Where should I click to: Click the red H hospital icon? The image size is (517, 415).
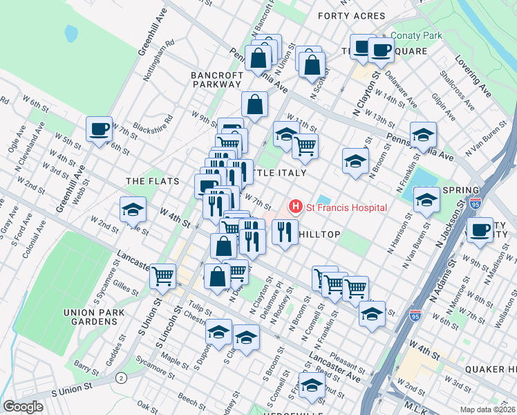pos(296,207)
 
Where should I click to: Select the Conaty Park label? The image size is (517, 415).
pos(415,35)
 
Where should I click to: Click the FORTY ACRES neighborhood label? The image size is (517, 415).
pos(350,15)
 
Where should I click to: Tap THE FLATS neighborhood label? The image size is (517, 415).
pos(153,181)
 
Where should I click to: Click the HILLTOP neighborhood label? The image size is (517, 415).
pos(319,234)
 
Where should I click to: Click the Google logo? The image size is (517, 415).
pos(23,406)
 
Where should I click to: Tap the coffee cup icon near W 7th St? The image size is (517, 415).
pos(100,128)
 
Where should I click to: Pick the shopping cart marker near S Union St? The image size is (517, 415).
pos(163,276)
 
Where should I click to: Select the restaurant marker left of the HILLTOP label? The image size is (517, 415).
pos(284,232)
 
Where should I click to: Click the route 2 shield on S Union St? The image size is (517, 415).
pos(121,378)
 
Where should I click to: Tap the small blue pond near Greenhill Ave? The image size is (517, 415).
pos(71,33)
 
